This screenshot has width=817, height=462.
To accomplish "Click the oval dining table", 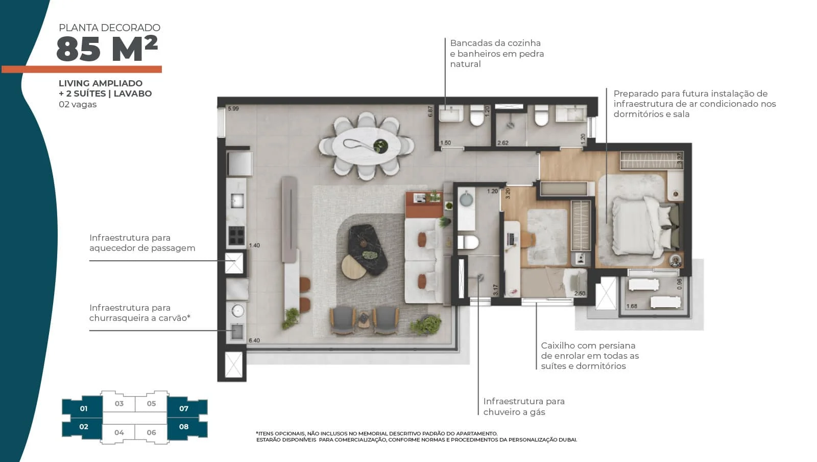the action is (366, 146).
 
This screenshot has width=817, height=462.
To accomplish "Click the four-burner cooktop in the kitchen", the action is (236, 236).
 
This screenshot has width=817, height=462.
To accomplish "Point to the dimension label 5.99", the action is (233, 108).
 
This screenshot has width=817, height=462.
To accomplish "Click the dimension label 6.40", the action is (254, 340).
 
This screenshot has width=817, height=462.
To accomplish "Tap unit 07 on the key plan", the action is (184, 409).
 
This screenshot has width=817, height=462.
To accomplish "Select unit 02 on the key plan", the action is (84, 427).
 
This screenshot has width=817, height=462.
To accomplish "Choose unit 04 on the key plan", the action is (119, 432).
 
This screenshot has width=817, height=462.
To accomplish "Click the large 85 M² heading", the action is (107, 49).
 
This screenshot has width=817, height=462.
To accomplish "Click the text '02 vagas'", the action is (78, 105).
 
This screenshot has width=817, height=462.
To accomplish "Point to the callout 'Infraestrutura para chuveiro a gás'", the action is (524, 406).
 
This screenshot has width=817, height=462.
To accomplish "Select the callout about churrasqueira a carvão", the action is (140, 313).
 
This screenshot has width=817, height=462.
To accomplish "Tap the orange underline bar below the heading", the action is (82, 70).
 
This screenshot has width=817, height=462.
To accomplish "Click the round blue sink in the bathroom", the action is (466, 199).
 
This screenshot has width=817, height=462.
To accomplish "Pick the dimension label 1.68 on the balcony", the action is (632, 306).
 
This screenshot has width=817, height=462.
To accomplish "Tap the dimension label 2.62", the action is (502, 143).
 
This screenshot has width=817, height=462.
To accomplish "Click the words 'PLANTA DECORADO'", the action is (109, 28).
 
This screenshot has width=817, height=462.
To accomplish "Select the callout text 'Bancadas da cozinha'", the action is (495, 43).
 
